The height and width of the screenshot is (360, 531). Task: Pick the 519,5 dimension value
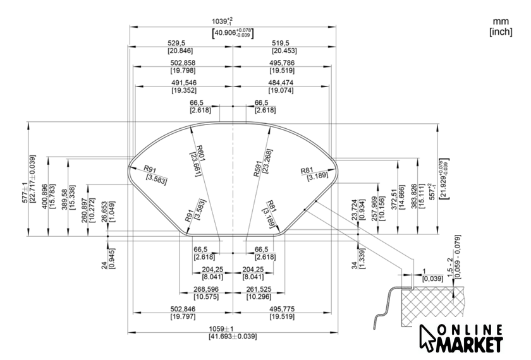284,43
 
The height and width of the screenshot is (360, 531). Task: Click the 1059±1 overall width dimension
233,329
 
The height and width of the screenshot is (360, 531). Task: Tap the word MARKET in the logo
472,345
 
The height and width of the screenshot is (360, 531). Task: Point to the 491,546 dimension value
184,83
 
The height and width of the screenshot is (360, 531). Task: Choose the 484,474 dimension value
281,83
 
